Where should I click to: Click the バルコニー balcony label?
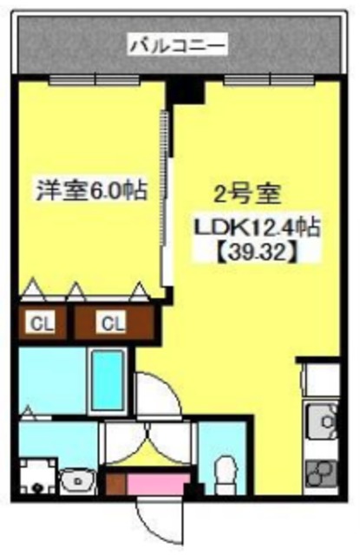point(177,42)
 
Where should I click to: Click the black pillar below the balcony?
point(183,88)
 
